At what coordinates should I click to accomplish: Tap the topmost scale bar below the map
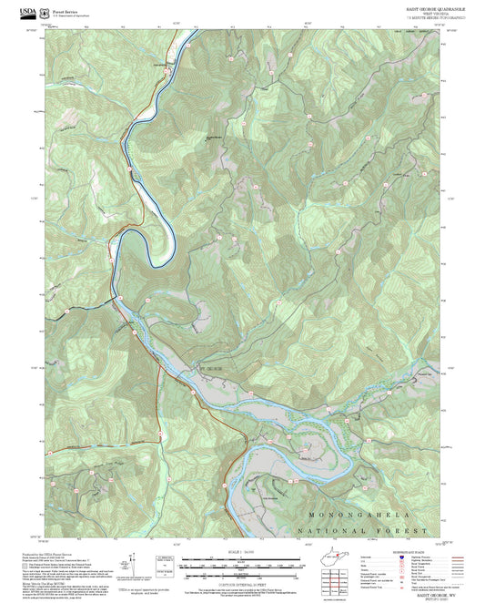point(241,558)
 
